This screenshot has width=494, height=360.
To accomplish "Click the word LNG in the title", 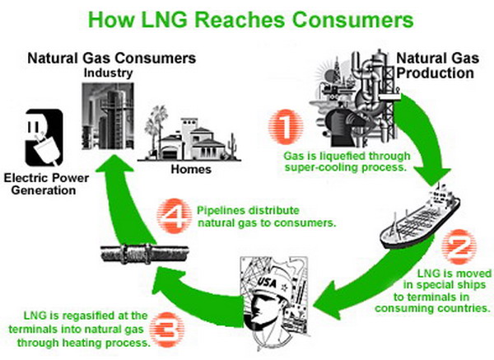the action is [x=164, y=20].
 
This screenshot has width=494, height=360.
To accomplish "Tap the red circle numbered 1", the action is [x=286, y=127].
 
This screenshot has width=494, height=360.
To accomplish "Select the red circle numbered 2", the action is [x=459, y=247].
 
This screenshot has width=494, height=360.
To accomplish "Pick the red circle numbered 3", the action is [x=166, y=330].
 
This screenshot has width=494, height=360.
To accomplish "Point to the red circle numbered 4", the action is [x=175, y=216].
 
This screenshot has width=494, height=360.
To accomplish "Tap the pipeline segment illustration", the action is [x=145, y=254].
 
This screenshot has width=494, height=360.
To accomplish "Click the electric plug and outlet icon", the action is [x=44, y=138].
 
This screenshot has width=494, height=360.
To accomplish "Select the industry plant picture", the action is [x=108, y=116].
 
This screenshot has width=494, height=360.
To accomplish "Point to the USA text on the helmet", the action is [x=267, y=282].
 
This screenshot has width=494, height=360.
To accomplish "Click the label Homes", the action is [x=191, y=169].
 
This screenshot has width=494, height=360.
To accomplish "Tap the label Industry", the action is [x=108, y=73].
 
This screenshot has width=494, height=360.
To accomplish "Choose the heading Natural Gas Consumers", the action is [x=112, y=58].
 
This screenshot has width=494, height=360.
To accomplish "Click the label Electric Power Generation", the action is [x=46, y=184].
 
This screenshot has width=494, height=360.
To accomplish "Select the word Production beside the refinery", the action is [x=435, y=73].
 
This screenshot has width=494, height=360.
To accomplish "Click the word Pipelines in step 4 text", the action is [x=217, y=211].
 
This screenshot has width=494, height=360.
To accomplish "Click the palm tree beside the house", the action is [x=156, y=129].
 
